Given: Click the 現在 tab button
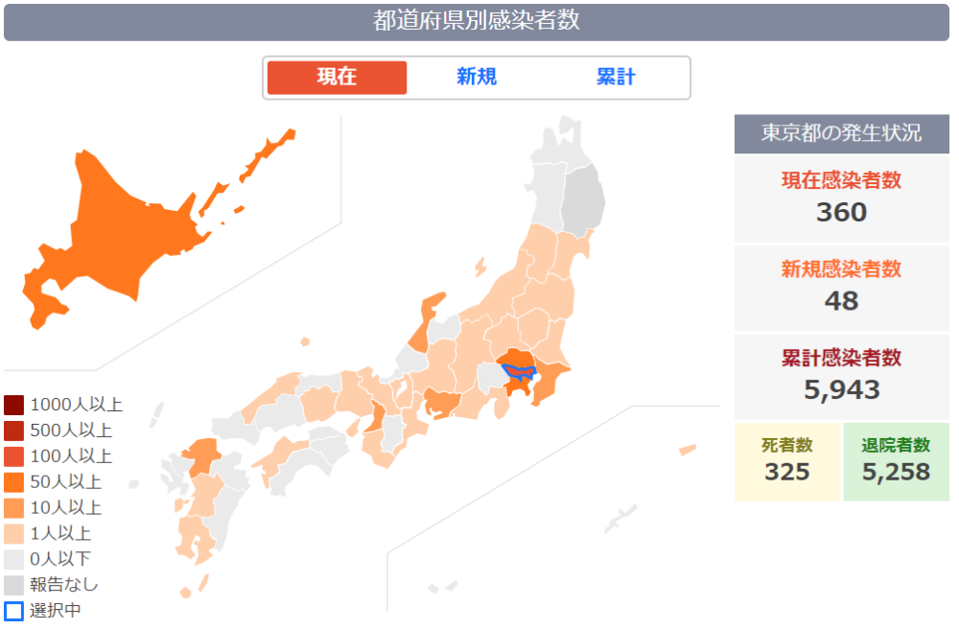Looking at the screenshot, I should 337,78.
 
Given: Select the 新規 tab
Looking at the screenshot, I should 477,78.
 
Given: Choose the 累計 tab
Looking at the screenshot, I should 616,78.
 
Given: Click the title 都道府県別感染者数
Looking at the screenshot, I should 477,21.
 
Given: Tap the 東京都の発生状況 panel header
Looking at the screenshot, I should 841,133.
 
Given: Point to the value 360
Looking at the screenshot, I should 841,212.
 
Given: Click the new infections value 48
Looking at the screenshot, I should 841,301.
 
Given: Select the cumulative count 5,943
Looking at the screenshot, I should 841,389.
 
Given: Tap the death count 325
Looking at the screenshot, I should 787,472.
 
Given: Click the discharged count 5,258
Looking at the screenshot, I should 896,472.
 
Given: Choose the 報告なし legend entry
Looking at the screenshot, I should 63,584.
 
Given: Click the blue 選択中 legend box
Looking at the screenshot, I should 13,611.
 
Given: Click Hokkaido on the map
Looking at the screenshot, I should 115,230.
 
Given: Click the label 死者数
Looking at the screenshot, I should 787,445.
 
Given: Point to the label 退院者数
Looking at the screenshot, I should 896,445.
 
